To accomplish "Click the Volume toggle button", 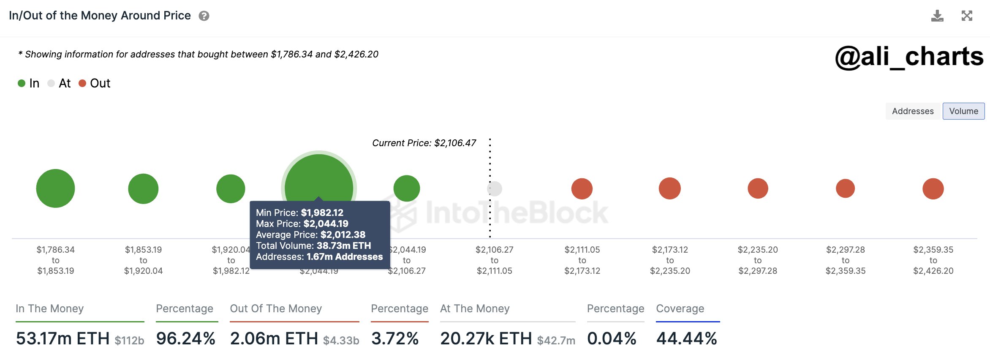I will tap(963, 111).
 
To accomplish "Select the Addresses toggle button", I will tap(913, 111).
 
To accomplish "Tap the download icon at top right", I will tap(937, 16).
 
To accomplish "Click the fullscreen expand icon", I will tap(967, 16).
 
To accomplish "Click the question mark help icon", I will tap(204, 16).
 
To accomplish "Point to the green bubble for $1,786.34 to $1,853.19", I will tap(55, 188).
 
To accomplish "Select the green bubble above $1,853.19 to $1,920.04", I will tap(143, 188).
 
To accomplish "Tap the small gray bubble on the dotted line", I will tap(495, 188).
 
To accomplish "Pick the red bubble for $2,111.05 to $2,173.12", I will tap(582, 188).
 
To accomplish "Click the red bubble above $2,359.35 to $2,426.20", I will tap(933, 188).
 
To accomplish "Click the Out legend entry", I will tap(95, 83).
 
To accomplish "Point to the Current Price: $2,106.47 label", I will tap(424, 143).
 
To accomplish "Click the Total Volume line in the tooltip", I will tap(313, 245).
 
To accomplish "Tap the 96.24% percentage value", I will tap(186, 338).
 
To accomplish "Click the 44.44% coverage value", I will tap(687, 338).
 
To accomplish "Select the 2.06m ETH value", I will tap(274, 338).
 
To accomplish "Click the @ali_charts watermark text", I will tap(909, 57).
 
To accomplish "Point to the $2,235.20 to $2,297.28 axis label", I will tap(758, 260).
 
